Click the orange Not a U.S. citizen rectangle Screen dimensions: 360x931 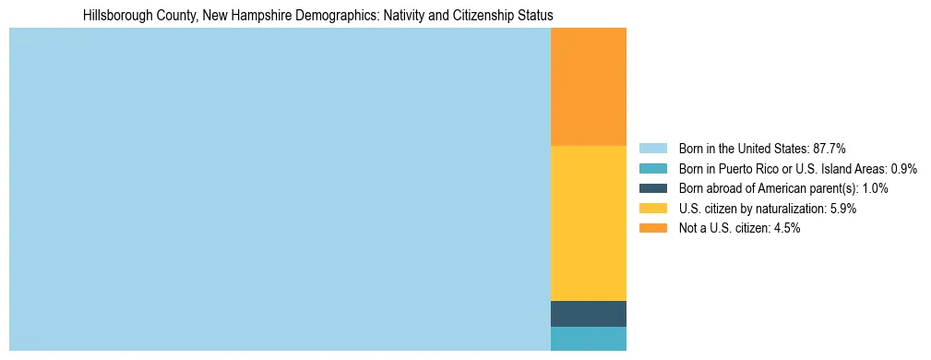click(x=588, y=87)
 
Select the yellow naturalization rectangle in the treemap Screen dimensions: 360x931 click(x=588, y=223)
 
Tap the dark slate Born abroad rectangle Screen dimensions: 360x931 click(x=588, y=314)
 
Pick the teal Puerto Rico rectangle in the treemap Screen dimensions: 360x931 click(x=588, y=339)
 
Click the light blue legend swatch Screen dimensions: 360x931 click(x=653, y=149)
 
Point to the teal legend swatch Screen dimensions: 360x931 click(x=653, y=169)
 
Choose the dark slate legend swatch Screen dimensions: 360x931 click(x=653, y=188)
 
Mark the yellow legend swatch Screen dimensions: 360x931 click(x=653, y=209)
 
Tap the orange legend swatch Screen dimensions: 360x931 click(x=653, y=229)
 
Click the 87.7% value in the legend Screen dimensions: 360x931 click(x=829, y=149)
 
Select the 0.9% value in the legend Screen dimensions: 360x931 click(x=903, y=169)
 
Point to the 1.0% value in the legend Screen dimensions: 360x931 click(x=874, y=188)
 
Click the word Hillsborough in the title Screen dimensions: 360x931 click(x=114, y=16)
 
